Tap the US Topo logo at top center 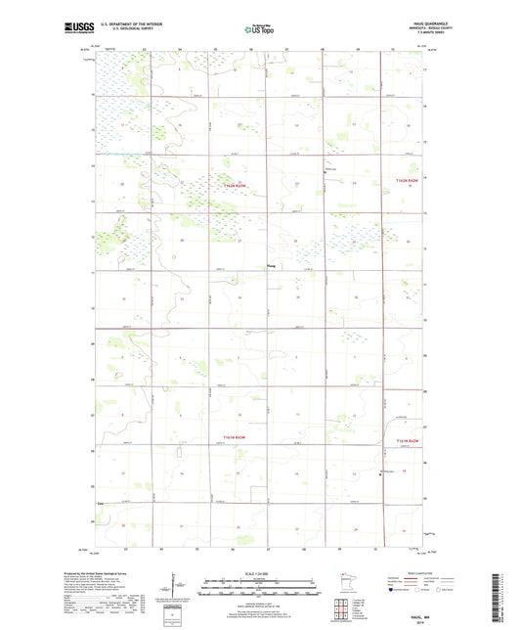coord(258,29)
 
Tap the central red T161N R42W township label coord(231,438)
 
